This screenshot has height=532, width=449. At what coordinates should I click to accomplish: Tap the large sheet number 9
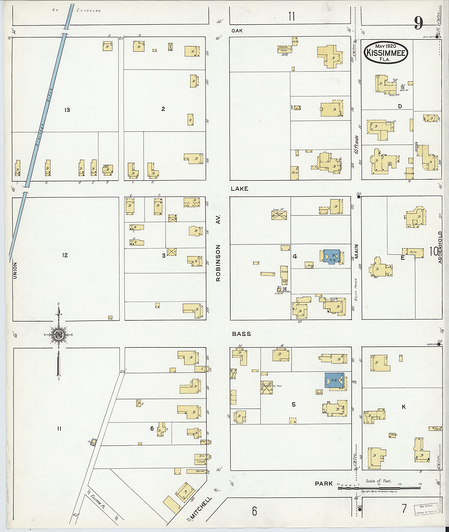pos(418,24)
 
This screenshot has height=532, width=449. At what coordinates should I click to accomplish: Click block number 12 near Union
pos(65,255)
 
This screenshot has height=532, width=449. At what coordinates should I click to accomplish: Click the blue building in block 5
pos(334,381)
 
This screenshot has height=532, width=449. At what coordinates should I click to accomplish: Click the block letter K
pos(403,407)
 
